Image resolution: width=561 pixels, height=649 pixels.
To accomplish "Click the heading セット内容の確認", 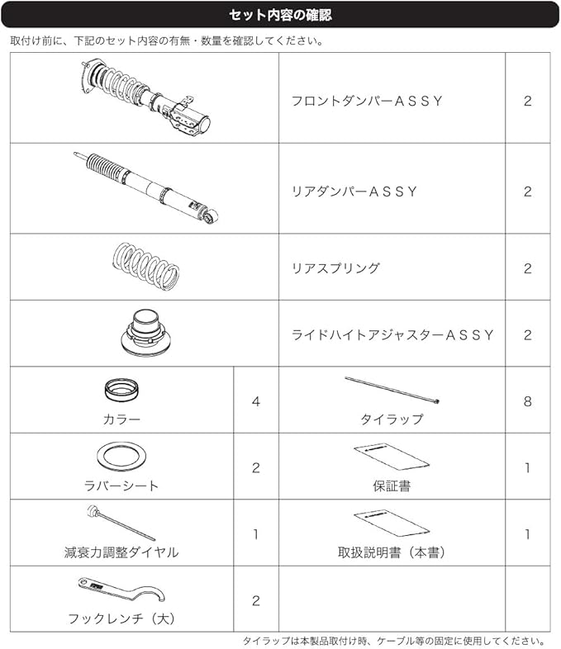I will pos(280,15).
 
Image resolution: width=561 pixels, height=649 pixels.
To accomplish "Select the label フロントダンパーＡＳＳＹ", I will pos(367,101).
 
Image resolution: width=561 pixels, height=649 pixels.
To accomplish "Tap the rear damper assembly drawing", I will pos(147,186).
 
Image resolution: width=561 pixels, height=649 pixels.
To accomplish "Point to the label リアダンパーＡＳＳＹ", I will pos(354,192).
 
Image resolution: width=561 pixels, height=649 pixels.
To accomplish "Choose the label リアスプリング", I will pos(335,268).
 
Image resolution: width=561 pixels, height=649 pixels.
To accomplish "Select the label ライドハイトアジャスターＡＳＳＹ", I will pos(393,335).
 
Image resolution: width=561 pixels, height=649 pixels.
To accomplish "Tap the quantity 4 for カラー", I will pos(255,401).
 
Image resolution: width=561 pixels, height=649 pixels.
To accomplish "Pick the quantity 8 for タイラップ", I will pos(527,401).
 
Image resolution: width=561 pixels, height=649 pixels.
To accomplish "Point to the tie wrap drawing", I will pos(392,391).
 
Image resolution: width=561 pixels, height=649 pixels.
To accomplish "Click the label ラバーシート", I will pos(121,486).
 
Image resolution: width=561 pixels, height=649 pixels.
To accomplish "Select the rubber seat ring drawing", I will pos(121,456).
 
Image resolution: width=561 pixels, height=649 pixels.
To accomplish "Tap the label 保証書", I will pos(392,486).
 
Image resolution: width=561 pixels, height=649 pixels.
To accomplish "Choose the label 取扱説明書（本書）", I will pos(392,552).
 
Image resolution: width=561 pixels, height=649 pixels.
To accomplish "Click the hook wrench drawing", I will pos(122,592).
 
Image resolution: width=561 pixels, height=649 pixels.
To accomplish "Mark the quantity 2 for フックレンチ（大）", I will pos(255,600).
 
